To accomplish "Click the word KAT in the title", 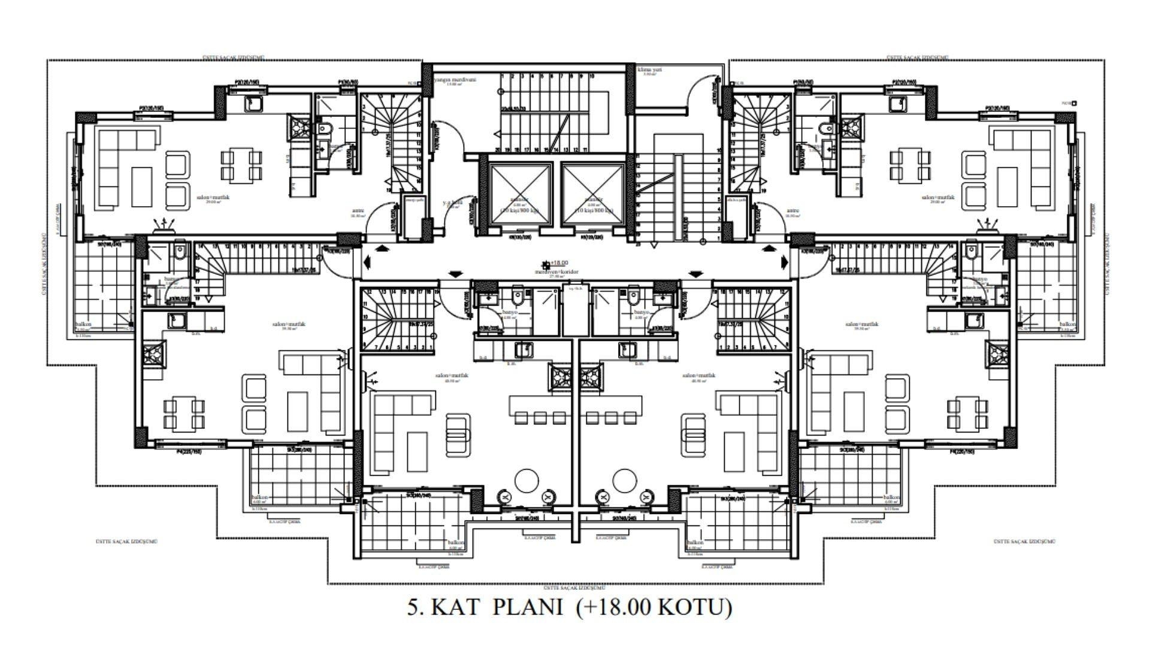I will pos(455,607).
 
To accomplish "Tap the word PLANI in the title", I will pos(528,607).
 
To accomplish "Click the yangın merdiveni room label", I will pos(455,80).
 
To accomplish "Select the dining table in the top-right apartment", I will pos(911,166).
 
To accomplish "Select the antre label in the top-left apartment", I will pos(358,211).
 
